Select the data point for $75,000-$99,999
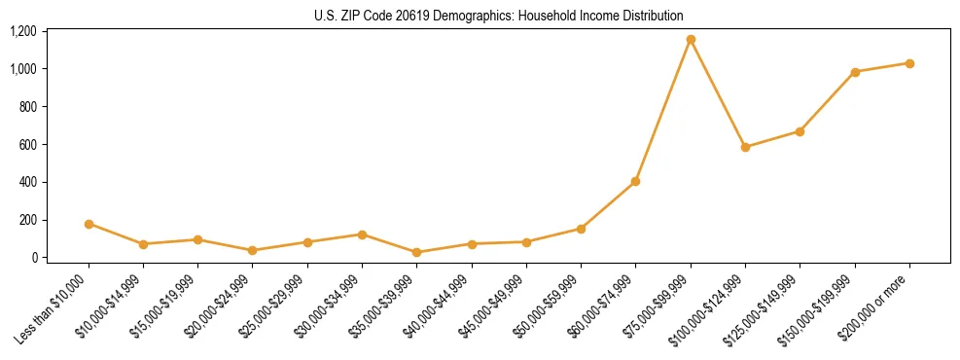coord(691,40)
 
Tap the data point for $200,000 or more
coord(909,63)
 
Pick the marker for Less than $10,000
coord(89,224)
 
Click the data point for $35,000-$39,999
coord(417,252)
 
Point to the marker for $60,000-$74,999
coord(636,181)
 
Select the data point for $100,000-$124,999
coord(745,147)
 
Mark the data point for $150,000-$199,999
coord(855,72)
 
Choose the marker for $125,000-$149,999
coord(800,131)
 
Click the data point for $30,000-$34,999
coord(362,234)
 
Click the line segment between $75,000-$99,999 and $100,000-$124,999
coord(718,93)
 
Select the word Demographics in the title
coord(457,16)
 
